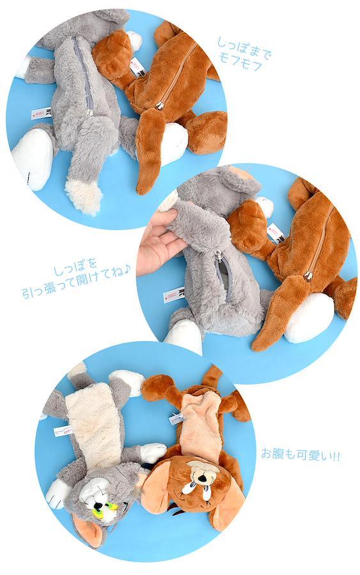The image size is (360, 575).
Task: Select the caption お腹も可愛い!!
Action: pyautogui.click(x=300, y=455)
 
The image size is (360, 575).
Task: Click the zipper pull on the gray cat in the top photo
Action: pyautogui.click(x=90, y=112)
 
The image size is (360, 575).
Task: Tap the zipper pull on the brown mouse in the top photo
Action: pyautogui.click(x=159, y=106)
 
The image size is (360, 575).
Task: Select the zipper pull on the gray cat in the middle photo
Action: pyautogui.click(x=219, y=256)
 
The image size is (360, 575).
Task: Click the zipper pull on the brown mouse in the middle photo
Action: pyautogui.click(x=308, y=275)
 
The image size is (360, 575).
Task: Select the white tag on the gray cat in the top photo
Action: pyautogui.click(x=42, y=113)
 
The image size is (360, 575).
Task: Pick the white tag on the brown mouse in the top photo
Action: pyautogui.click(x=137, y=66)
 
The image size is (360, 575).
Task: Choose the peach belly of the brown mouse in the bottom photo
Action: pyautogui.click(x=201, y=425)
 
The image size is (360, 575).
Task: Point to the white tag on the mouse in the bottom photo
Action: pyautogui.click(x=176, y=418)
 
